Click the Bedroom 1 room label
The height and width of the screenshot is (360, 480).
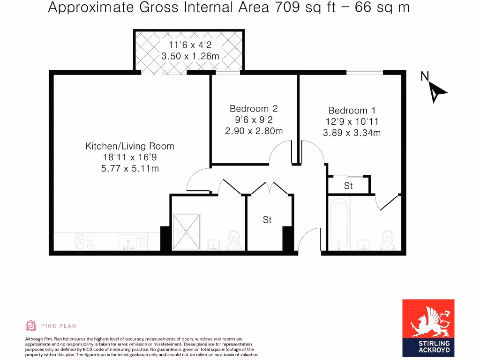[x=352, y=111]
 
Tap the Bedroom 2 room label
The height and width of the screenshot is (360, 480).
[x=254, y=109]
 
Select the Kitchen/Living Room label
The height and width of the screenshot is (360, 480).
[x=130, y=146]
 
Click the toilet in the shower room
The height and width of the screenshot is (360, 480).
[x=233, y=240]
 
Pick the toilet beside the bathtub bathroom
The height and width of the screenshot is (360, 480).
[x=387, y=240]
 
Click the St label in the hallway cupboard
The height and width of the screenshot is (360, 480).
[x=267, y=219]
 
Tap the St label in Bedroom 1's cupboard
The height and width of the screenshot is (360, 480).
[x=348, y=186]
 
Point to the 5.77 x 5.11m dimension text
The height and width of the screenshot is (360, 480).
[x=130, y=168]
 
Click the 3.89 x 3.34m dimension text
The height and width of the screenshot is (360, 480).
[x=352, y=133]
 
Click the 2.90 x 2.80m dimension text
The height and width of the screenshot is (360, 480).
[x=254, y=131]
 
